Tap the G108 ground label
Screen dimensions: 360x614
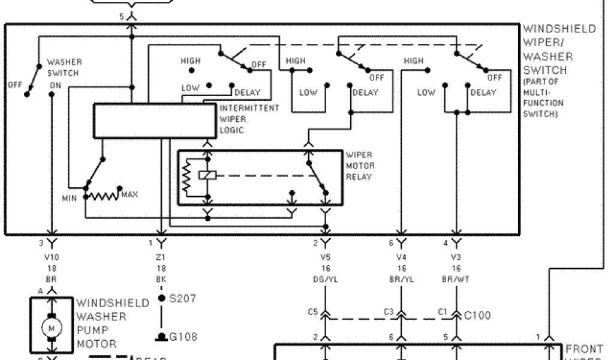[x=183, y=337]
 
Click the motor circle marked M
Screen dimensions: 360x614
[x=50, y=327]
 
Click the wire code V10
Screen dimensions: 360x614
[x=52, y=257]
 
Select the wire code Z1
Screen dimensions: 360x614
[x=161, y=257]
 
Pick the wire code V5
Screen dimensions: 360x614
[x=326, y=257]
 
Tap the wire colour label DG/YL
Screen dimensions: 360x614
[x=326, y=279]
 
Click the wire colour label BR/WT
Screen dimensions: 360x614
[x=457, y=279]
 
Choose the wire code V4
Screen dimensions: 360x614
[x=401, y=257]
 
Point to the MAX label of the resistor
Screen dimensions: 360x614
[x=130, y=195]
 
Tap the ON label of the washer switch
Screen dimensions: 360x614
[x=55, y=85]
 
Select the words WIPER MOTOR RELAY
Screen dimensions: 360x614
[x=359, y=165]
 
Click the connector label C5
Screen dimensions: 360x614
[x=312, y=312]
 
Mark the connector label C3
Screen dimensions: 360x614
[x=388, y=312]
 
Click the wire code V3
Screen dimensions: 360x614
[x=457, y=257]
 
